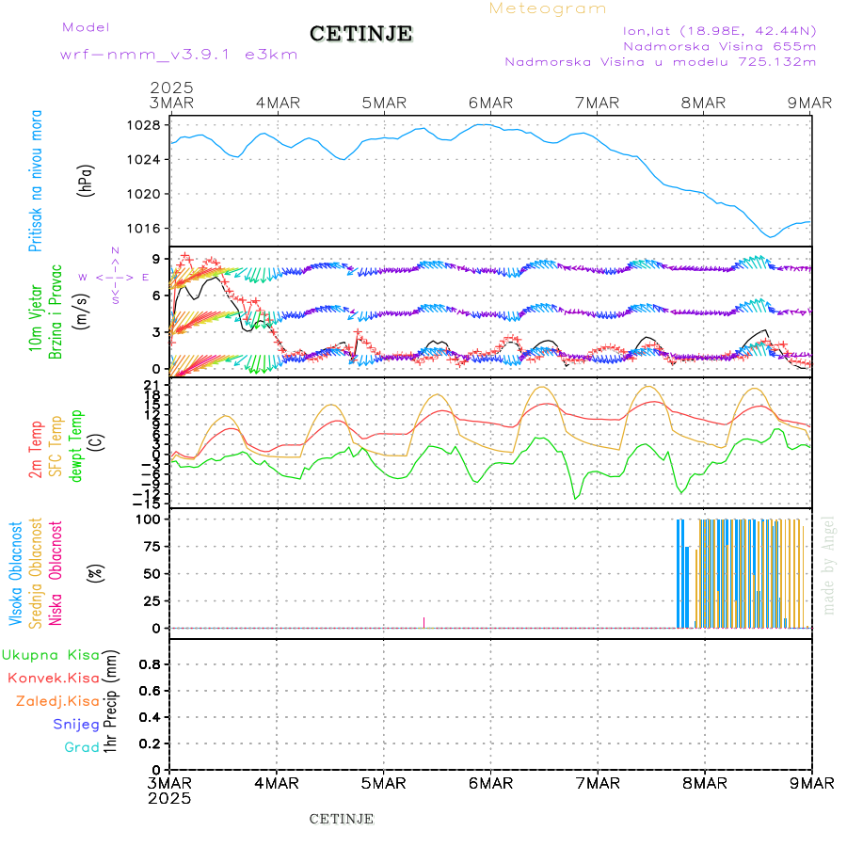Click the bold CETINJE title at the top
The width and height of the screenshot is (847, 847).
[360, 34]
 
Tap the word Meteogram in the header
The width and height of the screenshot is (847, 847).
[548, 8]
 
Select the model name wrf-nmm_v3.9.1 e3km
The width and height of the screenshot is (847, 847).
[179, 55]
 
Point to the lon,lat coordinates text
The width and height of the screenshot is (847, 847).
[719, 30]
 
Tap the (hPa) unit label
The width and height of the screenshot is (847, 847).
[88, 180]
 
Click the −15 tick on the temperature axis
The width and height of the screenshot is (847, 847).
[149, 504]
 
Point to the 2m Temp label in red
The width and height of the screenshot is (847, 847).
[36, 450]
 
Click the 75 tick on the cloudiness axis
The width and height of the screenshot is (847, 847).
[152, 546]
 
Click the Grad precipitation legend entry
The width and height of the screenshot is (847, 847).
[82, 747]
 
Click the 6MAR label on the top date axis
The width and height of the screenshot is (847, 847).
[490, 103]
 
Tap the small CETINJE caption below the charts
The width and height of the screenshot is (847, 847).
[342, 819]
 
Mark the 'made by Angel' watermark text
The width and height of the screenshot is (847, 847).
[829, 565]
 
